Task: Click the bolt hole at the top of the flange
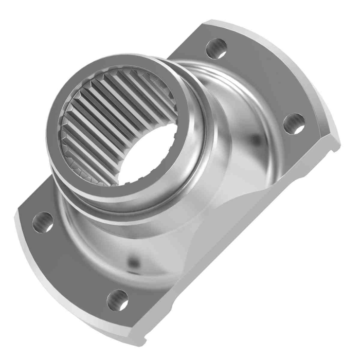click(x=217, y=48)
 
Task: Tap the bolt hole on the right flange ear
click(x=294, y=124)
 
